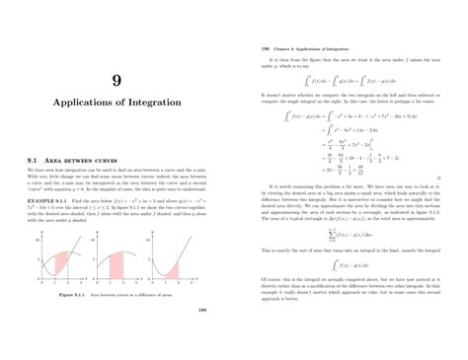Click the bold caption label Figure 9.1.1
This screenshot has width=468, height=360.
[75, 293]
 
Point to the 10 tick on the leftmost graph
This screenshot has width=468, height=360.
[36, 240]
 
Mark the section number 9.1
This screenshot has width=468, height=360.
[33, 159]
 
